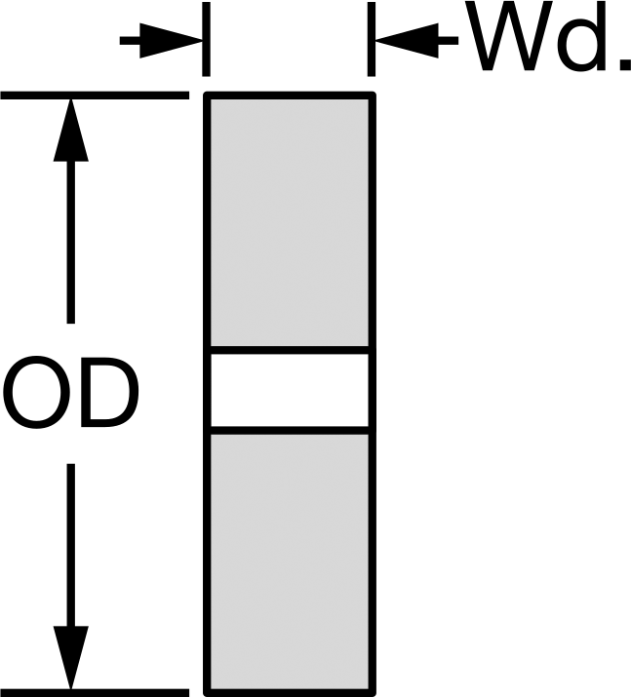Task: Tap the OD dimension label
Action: [70, 393]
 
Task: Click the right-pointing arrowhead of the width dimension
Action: [172, 41]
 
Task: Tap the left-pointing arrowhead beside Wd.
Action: [407, 41]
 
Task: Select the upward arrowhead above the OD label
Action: [70, 131]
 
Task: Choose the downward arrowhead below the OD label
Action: [70, 657]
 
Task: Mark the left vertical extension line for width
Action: [206, 39]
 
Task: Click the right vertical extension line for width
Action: [372, 39]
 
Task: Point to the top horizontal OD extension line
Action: [95, 96]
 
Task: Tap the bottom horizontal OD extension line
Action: [95, 693]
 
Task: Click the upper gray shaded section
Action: [290, 222]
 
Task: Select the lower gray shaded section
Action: [290, 562]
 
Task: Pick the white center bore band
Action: [290, 390]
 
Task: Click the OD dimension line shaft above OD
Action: [70, 243]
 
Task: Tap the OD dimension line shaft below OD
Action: [70, 545]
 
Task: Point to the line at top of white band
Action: [290, 350]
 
